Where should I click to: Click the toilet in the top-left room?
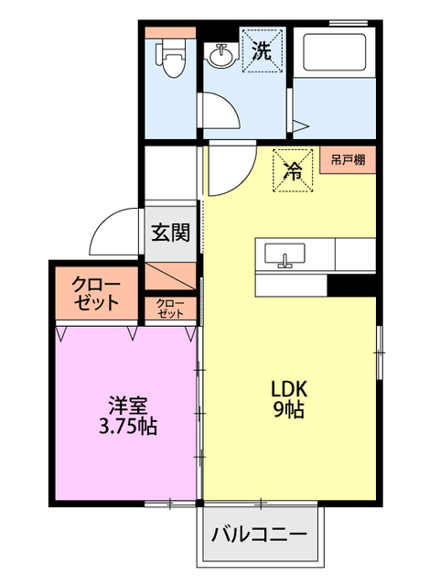172,58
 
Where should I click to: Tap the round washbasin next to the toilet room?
220,57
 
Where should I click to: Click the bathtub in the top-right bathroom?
333,54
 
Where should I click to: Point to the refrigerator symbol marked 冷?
294,170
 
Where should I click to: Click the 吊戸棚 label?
348,160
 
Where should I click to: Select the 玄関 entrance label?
170,233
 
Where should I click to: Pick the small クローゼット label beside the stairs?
170,309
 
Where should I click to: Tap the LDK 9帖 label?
286,398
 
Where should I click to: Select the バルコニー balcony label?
260,535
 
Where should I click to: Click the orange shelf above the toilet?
171,32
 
